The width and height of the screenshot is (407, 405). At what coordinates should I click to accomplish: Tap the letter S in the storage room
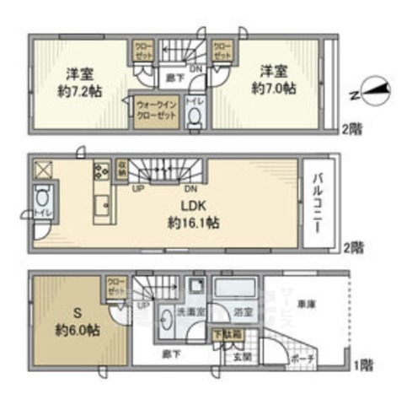point(77,309)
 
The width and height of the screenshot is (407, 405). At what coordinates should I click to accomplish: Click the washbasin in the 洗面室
point(164,321)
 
